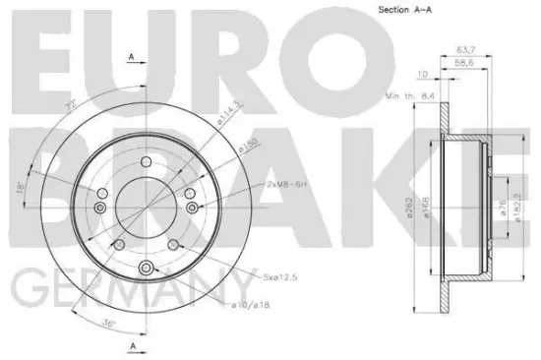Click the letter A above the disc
(132, 57)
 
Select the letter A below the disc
(132, 347)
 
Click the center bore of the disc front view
(147, 208)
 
